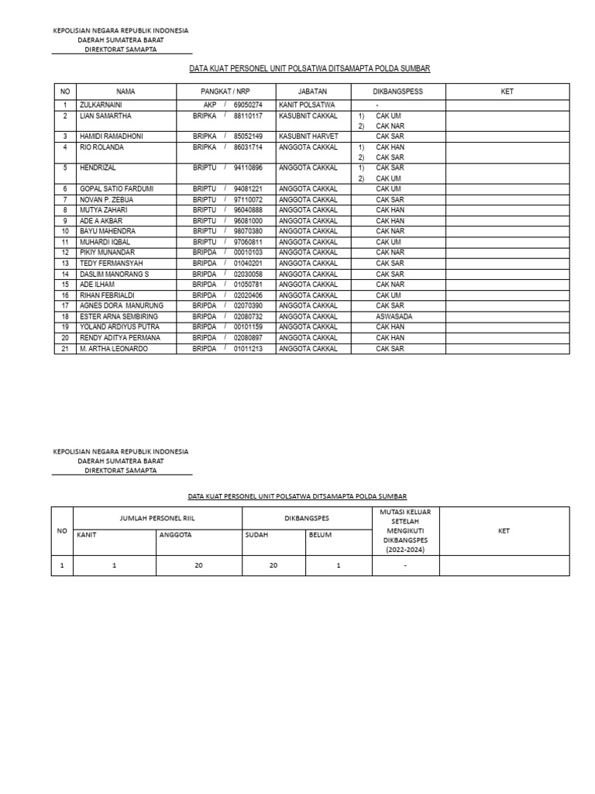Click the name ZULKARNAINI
[x=101, y=104]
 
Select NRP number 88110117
[x=248, y=115]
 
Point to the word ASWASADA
[x=394, y=316]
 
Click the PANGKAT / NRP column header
[x=225, y=91]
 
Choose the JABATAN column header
[x=312, y=91]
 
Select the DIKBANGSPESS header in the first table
[x=398, y=91]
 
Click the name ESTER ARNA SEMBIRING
[x=119, y=316]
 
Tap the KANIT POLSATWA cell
[x=307, y=104]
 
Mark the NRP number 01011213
[x=248, y=349]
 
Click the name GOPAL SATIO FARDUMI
[x=116, y=188]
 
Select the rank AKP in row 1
[x=210, y=104]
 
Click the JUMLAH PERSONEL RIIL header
[x=157, y=517]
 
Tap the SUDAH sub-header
[x=256, y=534]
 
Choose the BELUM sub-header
[x=320, y=534]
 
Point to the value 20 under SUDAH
[x=273, y=566]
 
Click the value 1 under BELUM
[x=339, y=566]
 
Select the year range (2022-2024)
[x=405, y=550]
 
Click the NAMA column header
[x=126, y=91]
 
